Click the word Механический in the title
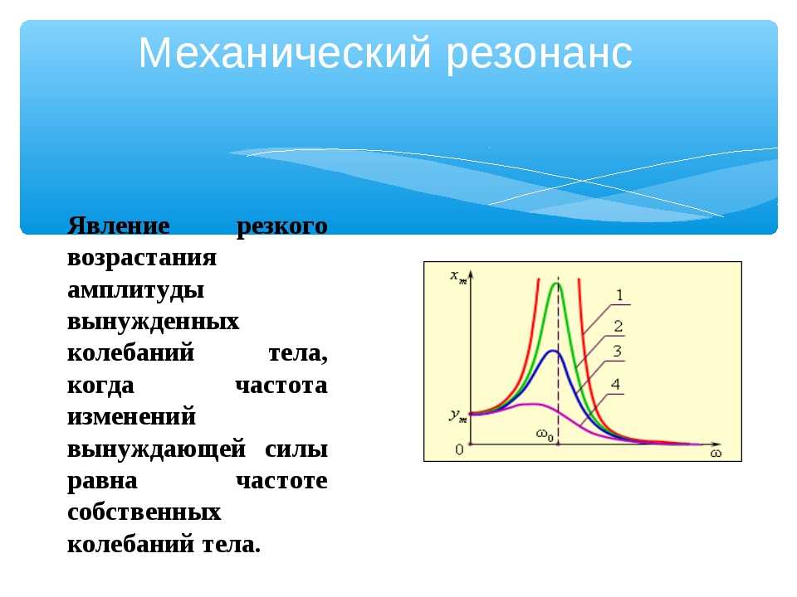285,53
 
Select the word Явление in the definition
119,225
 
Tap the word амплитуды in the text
135,291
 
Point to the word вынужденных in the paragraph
153,322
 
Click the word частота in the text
281,386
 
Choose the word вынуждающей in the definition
157,449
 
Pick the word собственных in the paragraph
144,512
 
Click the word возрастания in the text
142,259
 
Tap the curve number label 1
619,295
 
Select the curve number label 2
618,326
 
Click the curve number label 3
617,351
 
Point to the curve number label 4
615,384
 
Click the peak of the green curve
557,284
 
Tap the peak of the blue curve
554,351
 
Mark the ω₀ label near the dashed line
545,435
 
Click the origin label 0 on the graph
459,449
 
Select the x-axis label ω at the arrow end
716,453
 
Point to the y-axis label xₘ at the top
458,277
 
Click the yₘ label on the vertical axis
457,415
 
